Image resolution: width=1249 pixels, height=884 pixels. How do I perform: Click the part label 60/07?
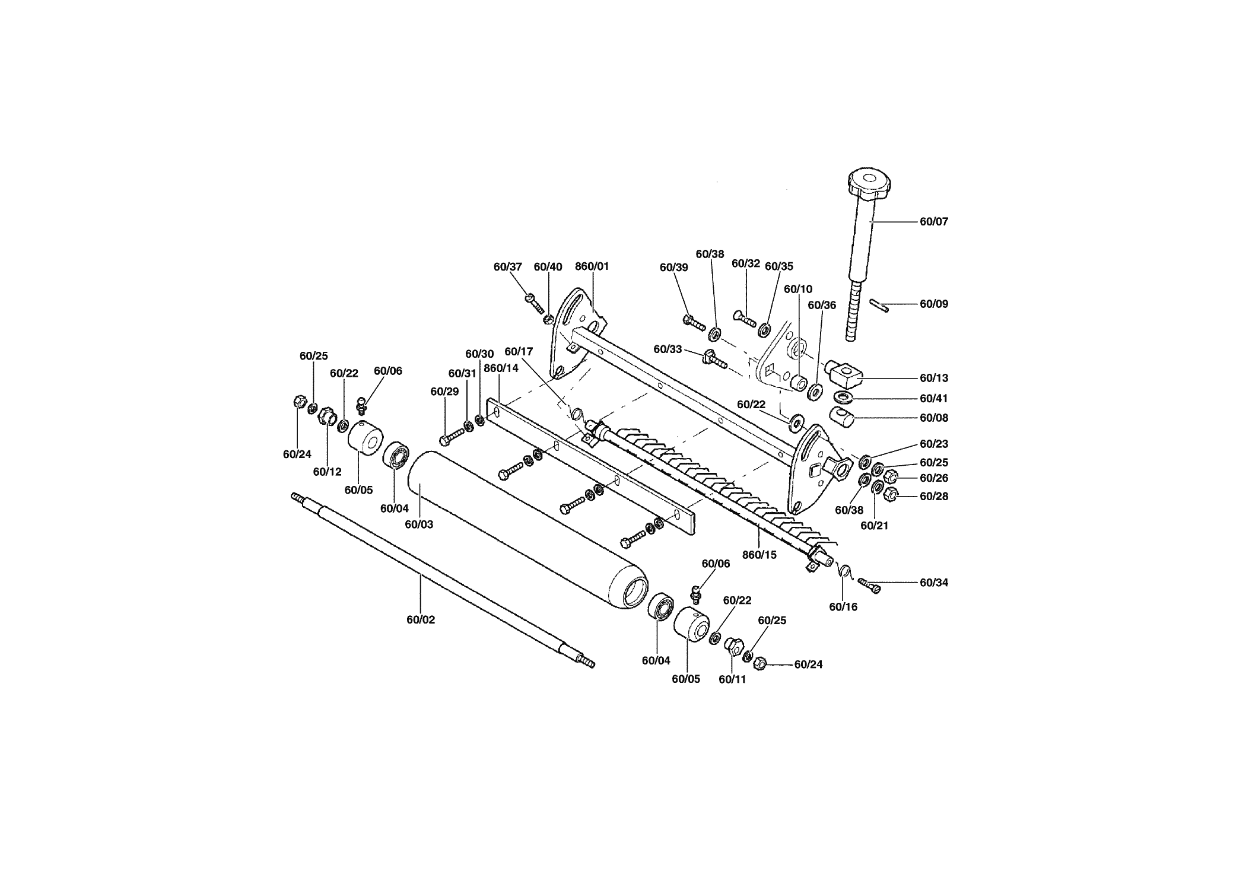coord(934,222)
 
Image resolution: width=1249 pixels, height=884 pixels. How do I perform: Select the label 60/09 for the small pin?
coord(934,304)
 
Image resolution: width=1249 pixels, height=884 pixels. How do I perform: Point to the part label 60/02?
coord(421,620)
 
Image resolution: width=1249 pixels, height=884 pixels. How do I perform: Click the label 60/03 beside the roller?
coord(419,525)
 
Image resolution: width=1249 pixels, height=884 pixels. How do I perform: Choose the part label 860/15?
coord(759,555)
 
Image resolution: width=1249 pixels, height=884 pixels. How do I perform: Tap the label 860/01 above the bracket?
coord(592,267)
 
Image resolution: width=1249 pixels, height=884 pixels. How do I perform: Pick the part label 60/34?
coord(934,583)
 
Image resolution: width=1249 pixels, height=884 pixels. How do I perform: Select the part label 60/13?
coord(934,379)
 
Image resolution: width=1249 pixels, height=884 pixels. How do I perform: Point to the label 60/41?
coord(934,399)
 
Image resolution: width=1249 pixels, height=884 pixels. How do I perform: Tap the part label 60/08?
coord(934,418)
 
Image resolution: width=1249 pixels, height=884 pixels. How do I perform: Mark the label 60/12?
coord(328,472)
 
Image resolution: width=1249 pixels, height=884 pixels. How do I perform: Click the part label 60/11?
coord(732,680)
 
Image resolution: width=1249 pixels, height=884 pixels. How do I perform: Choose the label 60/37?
coord(508,267)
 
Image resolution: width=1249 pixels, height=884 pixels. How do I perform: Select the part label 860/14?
coord(501,368)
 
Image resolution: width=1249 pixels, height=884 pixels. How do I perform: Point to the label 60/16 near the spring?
coord(843,608)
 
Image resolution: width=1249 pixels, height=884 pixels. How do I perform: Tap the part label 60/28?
coord(934,497)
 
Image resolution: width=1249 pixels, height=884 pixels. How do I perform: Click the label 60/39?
coord(674,268)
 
